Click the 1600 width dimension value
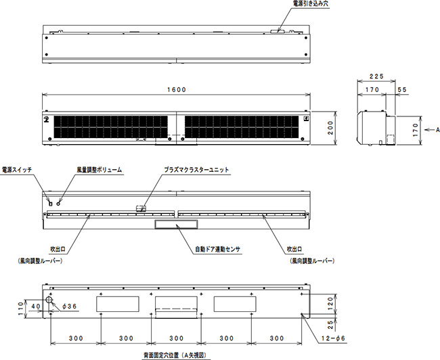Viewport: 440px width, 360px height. (177, 89)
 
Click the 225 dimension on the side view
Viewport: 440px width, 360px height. (376, 76)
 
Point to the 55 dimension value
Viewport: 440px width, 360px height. (402, 89)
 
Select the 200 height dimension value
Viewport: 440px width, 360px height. (330, 128)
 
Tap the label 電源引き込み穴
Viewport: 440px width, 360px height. (311, 3)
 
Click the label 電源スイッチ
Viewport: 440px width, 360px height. (17, 169)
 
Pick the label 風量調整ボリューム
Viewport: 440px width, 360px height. (100, 169)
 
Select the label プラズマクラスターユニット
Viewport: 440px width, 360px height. (196, 169)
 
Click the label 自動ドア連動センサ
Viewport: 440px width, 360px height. (218, 249)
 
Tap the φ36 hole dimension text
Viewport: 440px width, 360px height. (69, 307)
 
